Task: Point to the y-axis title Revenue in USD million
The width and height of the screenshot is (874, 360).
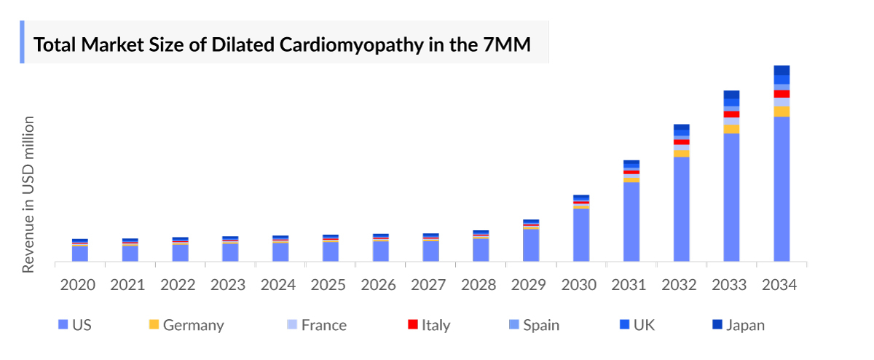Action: point(28,194)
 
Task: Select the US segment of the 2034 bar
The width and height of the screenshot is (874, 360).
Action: point(782,189)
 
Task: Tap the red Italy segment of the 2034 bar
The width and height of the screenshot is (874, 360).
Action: point(782,94)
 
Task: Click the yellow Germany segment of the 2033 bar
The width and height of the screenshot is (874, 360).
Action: point(731,129)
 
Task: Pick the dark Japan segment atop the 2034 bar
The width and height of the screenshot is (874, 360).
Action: point(782,70)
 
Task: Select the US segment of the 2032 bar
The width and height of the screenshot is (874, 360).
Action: point(681,209)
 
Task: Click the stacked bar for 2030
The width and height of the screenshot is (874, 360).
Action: point(581,229)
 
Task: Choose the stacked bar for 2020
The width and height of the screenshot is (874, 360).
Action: point(80,250)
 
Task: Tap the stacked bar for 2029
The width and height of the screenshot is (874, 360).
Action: point(531,240)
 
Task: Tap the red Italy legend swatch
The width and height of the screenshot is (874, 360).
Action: point(412,325)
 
